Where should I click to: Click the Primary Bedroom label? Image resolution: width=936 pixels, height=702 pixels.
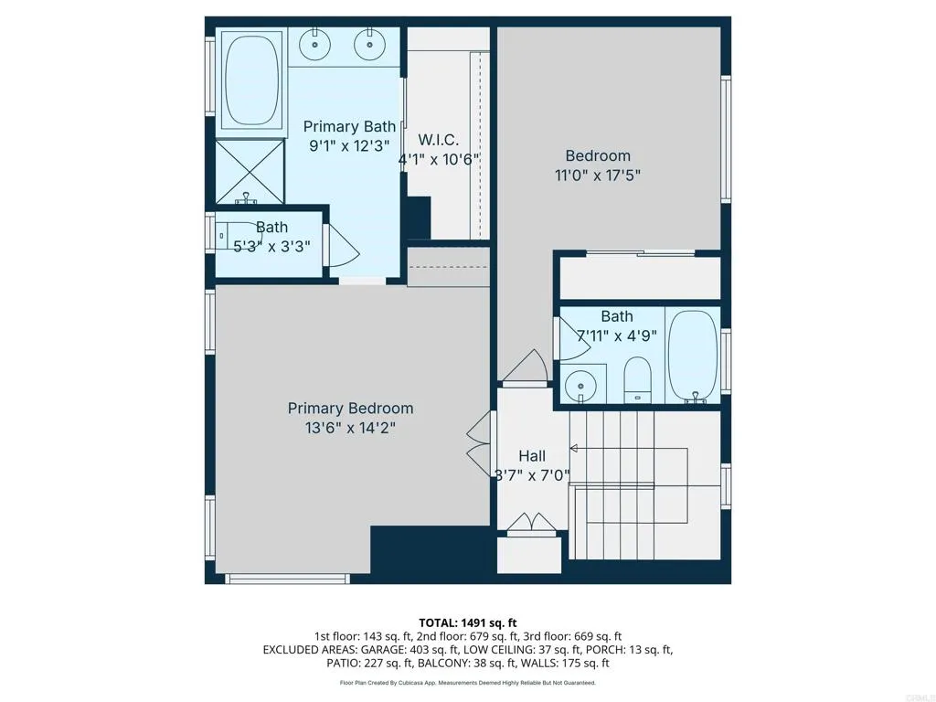[x=350, y=409]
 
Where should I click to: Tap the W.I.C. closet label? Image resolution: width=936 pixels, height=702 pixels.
[x=438, y=140]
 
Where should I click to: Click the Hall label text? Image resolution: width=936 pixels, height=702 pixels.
[x=532, y=456]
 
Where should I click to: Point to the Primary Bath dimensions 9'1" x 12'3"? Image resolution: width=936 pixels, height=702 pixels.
[x=350, y=145]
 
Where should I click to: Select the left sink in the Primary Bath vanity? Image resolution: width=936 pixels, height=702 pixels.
[x=315, y=43]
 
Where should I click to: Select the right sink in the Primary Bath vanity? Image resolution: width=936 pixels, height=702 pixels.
[x=370, y=43]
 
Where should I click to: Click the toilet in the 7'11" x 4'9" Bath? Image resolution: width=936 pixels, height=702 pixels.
[x=637, y=379]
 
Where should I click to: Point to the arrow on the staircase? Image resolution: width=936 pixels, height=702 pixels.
[x=574, y=448]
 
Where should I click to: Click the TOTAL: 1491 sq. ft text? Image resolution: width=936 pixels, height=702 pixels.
[x=467, y=622]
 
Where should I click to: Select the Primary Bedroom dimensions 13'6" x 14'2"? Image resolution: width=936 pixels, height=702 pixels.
[x=350, y=427]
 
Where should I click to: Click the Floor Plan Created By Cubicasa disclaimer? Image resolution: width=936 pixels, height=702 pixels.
[x=467, y=683]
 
